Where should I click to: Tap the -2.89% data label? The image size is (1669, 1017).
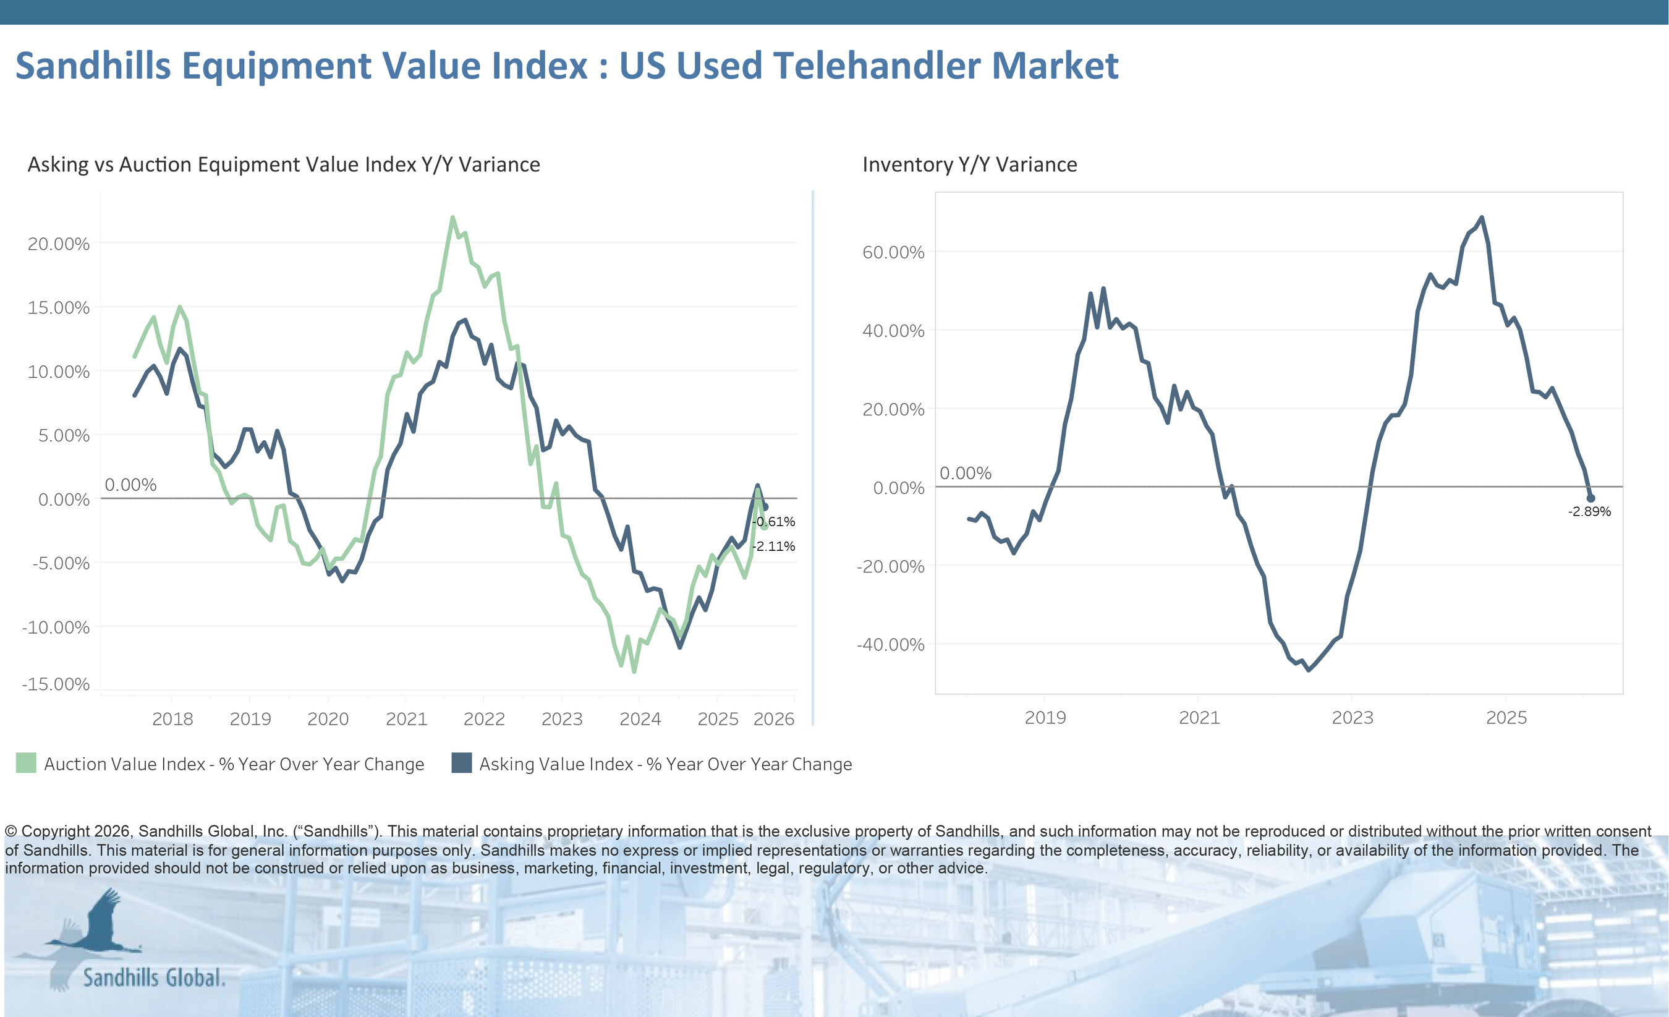tap(1589, 511)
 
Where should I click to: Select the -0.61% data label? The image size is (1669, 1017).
tap(774, 522)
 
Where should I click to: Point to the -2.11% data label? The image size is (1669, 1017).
tap(774, 546)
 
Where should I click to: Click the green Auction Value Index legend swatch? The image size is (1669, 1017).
tap(26, 763)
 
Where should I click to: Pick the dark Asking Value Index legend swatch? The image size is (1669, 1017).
tap(461, 763)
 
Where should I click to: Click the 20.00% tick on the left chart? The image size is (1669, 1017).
tap(58, 244)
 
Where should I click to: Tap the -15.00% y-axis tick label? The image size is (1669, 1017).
tap(56, 684)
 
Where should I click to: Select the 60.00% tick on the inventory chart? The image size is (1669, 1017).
tap(893, 253)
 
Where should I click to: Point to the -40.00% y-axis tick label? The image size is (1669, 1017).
tap(890, 644)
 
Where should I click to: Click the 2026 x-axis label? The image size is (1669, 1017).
tap(773, 719)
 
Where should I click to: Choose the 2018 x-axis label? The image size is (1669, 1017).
tap(172, 719)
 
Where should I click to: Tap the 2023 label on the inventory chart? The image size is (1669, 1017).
tap(1352, 718)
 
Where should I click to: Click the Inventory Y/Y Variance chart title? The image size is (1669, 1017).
tap(969, 164)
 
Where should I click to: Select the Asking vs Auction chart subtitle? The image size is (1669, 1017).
tap(283, 164)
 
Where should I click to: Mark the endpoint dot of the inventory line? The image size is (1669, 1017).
tap(1590, 498)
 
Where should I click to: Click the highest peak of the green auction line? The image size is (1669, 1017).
tap(452, 218)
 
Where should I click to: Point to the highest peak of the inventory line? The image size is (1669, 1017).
tap(1481, 218)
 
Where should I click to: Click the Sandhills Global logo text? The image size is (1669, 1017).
tap(154, 977)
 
